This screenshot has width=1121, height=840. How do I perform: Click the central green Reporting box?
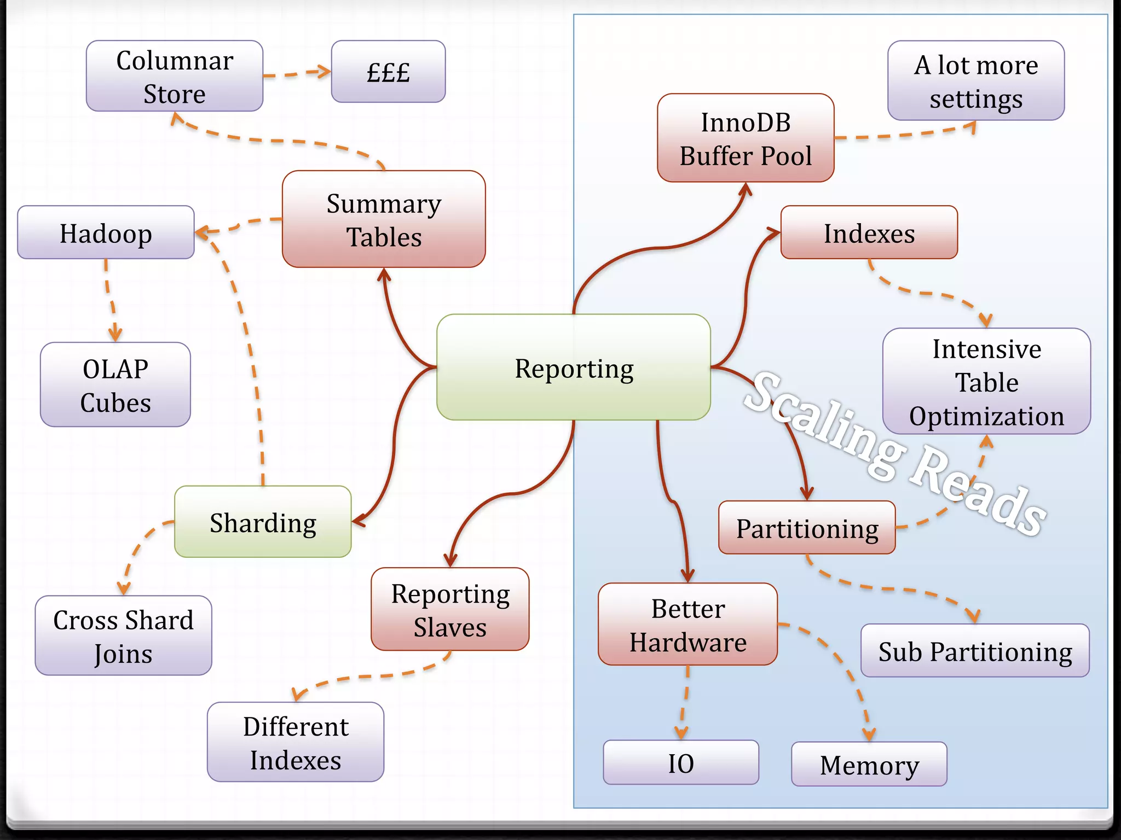(573, 367)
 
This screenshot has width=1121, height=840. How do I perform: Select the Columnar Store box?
(174, 76)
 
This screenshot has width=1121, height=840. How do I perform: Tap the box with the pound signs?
(388, 72)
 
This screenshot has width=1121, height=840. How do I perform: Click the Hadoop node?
(106, 232)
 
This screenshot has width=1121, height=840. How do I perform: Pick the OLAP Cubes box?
(115, 385)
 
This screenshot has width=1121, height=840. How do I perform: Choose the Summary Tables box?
(383, 219)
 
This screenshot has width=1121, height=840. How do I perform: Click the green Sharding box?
(263, 522)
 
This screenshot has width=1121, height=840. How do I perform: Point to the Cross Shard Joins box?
(123, 635)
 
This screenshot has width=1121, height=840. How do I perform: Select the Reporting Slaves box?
(450, 609)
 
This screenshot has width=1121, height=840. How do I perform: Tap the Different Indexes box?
(296, 742)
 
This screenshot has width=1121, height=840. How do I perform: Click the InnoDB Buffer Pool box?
(746, 138)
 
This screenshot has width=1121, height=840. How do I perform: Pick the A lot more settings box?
(976, 81)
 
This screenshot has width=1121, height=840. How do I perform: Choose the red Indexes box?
(869, 232)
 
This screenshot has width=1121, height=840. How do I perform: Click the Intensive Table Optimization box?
(986, 382)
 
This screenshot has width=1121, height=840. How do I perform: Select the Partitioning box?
(807, 528)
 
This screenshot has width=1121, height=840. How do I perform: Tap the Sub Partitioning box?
(975, 651)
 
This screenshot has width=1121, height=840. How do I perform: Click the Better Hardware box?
(687, 624)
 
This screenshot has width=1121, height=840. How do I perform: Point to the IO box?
(680, 762)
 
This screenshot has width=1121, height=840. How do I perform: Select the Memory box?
(869, 764)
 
